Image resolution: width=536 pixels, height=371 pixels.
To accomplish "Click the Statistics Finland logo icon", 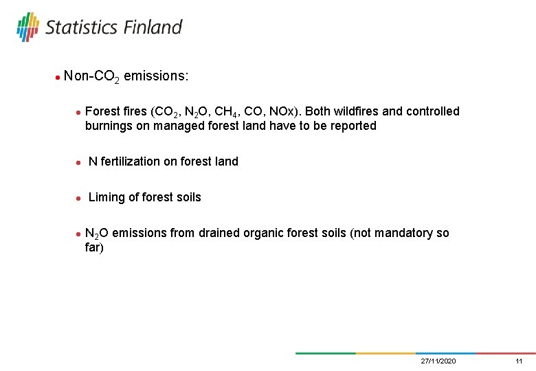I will [28, 27].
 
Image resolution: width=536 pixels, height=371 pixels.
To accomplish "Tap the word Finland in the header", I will [153, 27].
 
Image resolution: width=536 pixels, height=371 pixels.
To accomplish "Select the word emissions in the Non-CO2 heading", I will [156, 76].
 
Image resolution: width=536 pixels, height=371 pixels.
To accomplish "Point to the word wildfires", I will [366, 111].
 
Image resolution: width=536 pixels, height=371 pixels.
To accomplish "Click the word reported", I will [352, 126].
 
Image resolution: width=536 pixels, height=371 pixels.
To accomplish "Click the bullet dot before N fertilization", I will [79, 163].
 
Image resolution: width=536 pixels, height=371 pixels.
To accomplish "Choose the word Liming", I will [107, 198].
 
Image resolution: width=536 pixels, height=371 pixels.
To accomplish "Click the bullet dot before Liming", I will [79, 199].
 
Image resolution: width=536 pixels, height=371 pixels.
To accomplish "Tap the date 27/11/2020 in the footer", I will [438, 361].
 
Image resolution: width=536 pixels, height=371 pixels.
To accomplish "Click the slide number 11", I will [519, 361].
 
